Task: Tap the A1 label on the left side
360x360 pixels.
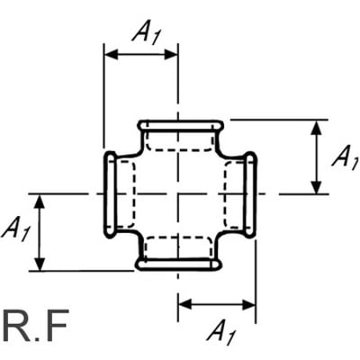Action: click(15, 229)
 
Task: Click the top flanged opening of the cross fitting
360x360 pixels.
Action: click(180, 125)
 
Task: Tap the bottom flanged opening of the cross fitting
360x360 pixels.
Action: click(179, 265)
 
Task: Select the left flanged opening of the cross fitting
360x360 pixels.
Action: click(110, 193)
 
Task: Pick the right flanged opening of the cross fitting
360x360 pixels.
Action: click(249, 194)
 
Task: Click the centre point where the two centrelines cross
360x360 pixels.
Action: click(178, 194)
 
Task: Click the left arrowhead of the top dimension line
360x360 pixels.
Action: click(111, 55)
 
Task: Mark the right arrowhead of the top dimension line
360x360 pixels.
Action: click(171, 55)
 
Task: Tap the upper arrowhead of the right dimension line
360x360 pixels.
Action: click(316, 127)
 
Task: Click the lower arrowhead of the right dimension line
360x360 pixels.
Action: click(316, 187)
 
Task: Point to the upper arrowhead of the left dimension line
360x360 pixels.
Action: click(40, 202)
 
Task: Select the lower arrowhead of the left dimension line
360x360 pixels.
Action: click(40, 264)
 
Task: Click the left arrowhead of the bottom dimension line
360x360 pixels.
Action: click(185, 304)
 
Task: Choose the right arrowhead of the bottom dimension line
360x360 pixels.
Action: click(248, 304)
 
